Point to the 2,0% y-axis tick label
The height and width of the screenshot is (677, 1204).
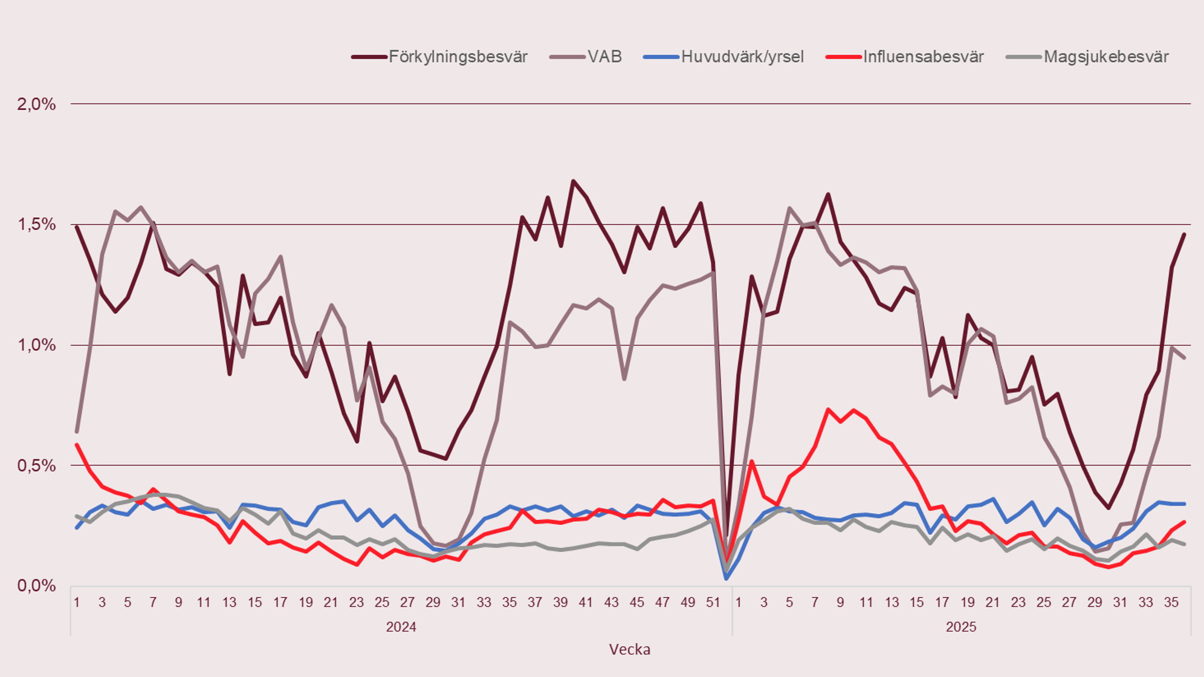coord(36,105)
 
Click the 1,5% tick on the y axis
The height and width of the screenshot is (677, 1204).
coord(36,225)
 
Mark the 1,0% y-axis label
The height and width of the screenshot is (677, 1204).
coord(36,345)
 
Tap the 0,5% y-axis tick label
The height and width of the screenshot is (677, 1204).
coord(36,465)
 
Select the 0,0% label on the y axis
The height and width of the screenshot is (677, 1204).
coord(36,586)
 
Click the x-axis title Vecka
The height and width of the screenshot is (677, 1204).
coord(629,650)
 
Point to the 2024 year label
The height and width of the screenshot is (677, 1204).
coord(401,627)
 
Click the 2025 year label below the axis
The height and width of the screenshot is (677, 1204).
coord(961,627)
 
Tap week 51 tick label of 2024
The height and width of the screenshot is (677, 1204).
coord(713,603)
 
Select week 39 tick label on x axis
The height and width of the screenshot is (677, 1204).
coord(560,603)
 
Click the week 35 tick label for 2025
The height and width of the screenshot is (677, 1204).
coord(1171,603)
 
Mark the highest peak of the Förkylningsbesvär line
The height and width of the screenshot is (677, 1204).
coord(573,181)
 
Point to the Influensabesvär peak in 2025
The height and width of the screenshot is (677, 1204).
coord(827,409)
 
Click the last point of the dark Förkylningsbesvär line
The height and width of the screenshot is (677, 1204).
coord(1184,235)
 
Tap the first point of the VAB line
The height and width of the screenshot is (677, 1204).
coord(77,432)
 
